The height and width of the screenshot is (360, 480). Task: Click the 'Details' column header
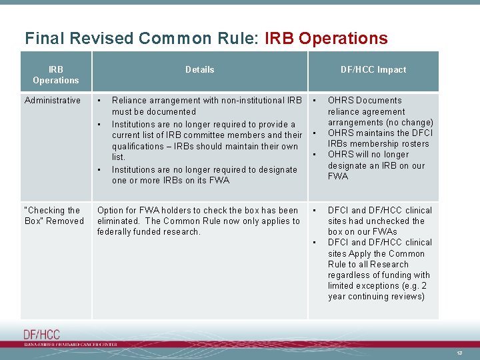(199, 69)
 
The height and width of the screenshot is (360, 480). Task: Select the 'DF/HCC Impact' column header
(373, 69)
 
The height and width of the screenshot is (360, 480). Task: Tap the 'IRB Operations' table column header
(55, 75)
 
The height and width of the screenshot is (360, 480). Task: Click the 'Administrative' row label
(52, 100)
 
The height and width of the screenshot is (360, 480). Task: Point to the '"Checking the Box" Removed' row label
(54, 215)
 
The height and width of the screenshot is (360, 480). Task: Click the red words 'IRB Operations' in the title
(326, 39)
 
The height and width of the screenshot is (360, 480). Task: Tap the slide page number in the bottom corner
(459, 352)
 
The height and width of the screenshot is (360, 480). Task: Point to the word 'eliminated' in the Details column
(119, 221)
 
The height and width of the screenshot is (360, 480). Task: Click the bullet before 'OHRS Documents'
(314, 101)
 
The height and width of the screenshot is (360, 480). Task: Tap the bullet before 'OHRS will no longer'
(314, 155)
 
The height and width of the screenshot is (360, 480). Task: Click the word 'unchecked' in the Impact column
(384, 221)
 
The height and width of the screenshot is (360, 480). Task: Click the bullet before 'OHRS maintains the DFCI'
(314, 134)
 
